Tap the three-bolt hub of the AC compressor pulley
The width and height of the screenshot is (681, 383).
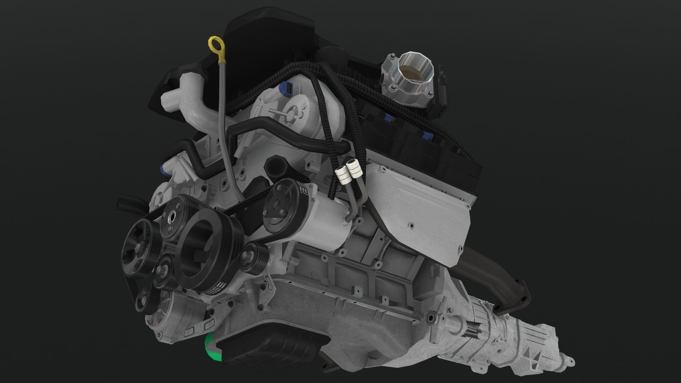[276, 207]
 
